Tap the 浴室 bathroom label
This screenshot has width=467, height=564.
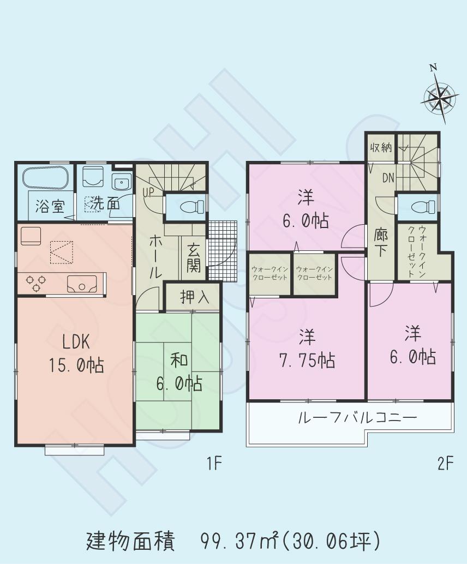point(50,206)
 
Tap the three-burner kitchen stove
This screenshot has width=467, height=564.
point(35,283)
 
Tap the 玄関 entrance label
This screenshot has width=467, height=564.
point(193,257)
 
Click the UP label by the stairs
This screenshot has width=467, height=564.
point(148,192)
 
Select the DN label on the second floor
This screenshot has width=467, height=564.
point(388,177)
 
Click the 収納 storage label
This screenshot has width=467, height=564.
point(381,147)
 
